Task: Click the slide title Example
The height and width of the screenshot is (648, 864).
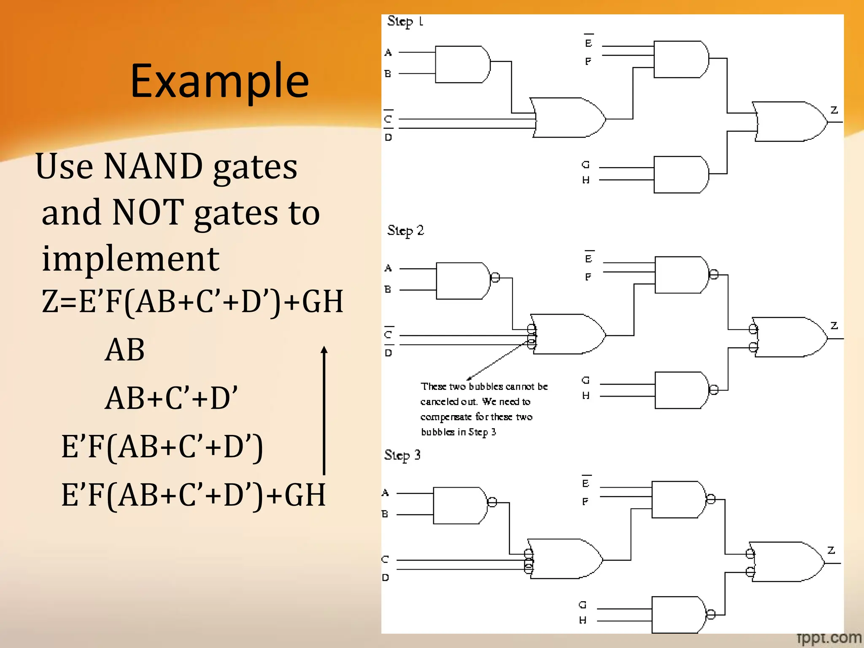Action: tap(219, 80)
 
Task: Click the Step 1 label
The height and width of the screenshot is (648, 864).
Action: tap(405, 21)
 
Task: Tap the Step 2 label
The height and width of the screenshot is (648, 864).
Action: tap(405, 230)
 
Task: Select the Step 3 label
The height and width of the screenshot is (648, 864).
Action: tap(402, 455)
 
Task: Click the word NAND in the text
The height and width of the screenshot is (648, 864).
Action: tap(153, 166)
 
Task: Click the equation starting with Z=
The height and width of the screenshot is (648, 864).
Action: tap(192, 301)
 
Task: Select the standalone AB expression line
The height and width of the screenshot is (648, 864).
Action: tap(124, 350)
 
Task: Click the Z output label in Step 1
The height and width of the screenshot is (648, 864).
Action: tap(834, 110)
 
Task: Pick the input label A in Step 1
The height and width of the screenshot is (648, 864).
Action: tap(388, 52)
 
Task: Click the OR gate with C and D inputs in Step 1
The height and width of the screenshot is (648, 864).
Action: tap(567, 118)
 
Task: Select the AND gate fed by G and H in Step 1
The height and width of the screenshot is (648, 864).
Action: tap(680, 175)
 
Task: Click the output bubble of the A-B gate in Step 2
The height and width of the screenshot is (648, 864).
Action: tap(495, 277)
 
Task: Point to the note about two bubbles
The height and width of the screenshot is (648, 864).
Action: tap(483, 409)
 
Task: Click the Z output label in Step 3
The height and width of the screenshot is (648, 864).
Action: tap(831, 550)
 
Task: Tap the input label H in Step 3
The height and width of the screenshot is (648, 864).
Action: tap(583, 620)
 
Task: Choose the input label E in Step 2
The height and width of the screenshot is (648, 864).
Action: tap(589, 259)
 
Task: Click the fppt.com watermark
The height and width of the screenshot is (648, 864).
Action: tap(829, 638)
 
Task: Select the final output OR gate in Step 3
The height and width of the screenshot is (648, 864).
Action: tap(787, 562)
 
